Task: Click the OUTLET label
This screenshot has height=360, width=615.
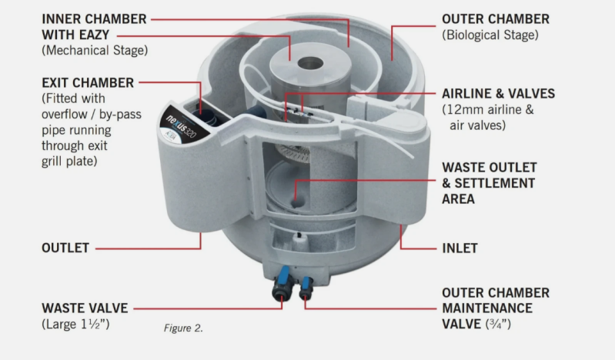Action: pos(65,248)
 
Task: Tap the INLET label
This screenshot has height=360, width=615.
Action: pos(460,248)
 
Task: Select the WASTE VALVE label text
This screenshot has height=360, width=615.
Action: pos(85,308)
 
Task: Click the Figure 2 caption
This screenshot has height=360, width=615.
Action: pos(183,328)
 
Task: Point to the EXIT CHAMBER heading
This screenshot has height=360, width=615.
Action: pos(88,83)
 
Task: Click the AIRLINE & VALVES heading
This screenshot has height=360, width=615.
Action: pos(499,94)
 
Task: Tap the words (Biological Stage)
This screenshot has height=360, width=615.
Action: pos(490,35)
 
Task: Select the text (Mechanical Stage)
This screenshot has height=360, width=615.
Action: pos(95,51)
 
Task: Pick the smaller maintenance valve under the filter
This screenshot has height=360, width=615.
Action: pos(306,288)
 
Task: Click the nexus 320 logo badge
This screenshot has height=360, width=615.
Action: pos(183,125)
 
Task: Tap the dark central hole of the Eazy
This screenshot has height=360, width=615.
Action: pos(310,63)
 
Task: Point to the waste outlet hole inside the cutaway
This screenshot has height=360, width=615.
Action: pos(297,203)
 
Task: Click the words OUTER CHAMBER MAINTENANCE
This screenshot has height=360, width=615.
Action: pos(496,301)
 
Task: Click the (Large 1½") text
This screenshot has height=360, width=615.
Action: pos(75,325)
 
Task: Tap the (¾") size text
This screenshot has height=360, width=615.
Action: pos(498,325)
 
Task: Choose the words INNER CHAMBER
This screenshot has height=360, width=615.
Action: pos(94,19)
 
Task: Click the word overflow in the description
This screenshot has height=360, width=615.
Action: pos(65,115)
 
